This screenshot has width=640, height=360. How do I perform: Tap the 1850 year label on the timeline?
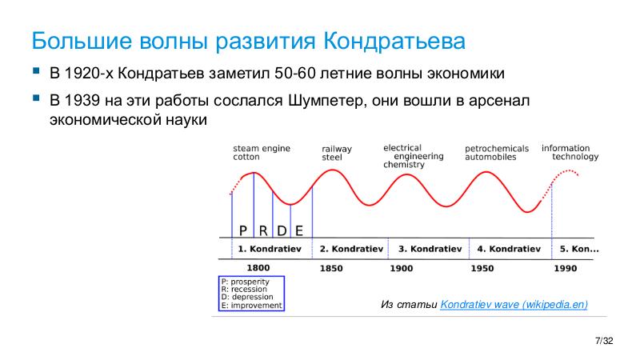[331, 269]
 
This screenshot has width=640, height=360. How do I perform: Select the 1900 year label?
[402, 269]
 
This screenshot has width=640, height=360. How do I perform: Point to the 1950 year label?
[482, 269]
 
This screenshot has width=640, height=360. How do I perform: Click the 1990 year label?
[565, 269]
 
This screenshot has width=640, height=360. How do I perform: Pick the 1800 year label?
[258, 269]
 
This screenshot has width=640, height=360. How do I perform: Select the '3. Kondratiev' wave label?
[430, 249]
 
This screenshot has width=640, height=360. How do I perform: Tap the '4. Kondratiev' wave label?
[508, 249]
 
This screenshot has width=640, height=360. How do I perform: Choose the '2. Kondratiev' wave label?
[350, 249]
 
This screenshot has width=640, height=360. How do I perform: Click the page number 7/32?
[604, 342]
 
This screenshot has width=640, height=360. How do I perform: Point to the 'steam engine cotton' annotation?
[261, 153]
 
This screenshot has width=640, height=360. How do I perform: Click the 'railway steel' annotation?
[336, 154]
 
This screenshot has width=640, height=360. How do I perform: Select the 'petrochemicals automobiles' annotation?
[496, 153]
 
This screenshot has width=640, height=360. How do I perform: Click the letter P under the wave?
[243, 231]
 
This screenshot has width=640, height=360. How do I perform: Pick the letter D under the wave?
[282, 231]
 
